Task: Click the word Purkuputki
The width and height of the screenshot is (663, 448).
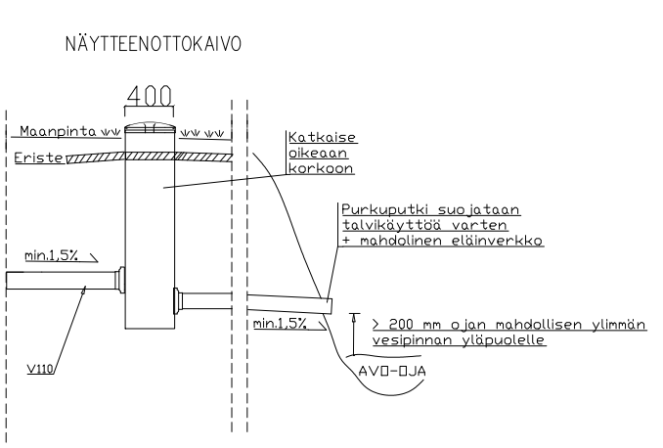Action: (379, 210)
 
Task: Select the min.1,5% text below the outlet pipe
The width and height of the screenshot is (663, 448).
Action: (279, 322)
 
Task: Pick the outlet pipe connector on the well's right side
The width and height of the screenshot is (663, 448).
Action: (178, 300)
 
